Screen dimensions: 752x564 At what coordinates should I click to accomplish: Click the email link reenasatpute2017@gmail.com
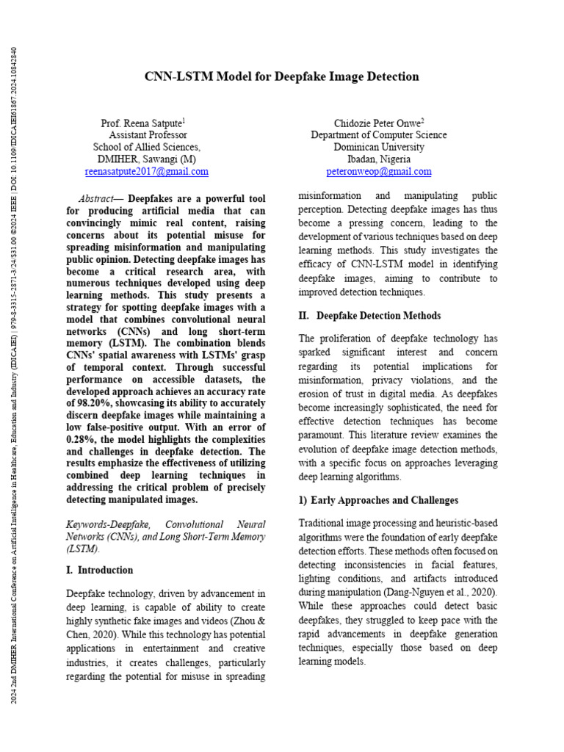click(x=147, y=171)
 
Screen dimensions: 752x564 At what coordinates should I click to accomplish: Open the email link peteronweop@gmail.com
click(x=378, y=171)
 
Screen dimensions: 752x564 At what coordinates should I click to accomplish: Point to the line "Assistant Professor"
click(x=147, y=135)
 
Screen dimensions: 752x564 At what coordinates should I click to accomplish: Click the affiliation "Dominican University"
click(x=378, y=147)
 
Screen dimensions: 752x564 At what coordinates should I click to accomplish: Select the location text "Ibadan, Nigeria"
click(x=378, y=159)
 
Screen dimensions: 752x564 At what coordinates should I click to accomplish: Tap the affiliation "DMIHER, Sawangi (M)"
click(x=147, y=159)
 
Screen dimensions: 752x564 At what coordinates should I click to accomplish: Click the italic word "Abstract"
click(x=96, y=199)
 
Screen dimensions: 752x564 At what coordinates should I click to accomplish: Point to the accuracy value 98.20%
click(x=93, y=403)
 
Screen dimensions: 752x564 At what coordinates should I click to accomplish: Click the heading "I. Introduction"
click(x=100, y=570)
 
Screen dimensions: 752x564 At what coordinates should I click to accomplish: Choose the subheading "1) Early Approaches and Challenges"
click(x=378, y=500)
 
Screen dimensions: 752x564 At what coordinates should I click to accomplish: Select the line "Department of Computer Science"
click(x=378, y=135)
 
